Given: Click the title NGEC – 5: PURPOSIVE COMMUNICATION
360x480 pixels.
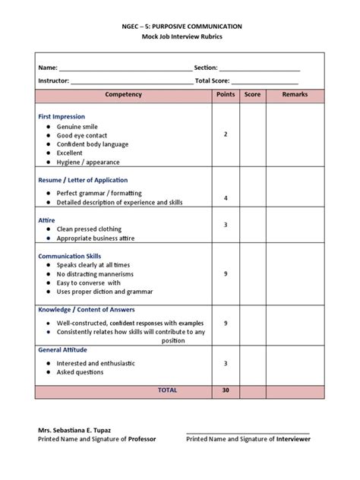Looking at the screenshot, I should [179, 25].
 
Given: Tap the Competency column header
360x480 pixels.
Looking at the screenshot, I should [123, 95].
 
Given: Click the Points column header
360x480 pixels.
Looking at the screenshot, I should [226, 95].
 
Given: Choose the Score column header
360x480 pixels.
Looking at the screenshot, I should [252, 95].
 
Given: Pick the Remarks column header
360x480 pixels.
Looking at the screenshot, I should [295, 95].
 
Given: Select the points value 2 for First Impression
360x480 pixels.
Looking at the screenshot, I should [226, 134].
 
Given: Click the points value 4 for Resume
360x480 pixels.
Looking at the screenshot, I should [226, 198].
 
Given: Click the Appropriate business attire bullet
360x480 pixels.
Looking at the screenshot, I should [95, 238].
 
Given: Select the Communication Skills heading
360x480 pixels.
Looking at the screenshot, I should [69, 256].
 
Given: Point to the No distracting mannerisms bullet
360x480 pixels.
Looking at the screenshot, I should [95, 273].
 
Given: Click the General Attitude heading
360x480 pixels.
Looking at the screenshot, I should [63, 350].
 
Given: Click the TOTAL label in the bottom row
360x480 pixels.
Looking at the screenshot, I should [167, 390].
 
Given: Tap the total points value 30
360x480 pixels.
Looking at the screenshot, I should [226, 390].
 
